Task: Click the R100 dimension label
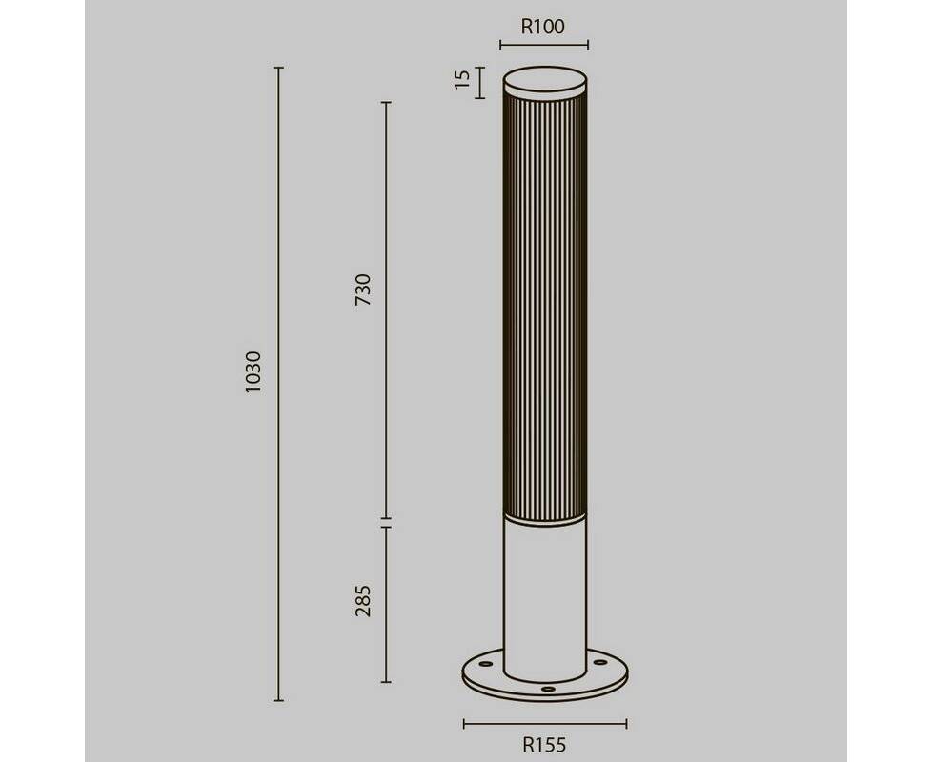pos(542,27)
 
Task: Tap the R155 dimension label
pos(544,745)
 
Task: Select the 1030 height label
pos(253,371)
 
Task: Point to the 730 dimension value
pos(362,290)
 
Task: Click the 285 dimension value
pos(362,600)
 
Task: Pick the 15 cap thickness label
pos(462,79)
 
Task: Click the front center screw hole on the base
pos(548,689)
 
